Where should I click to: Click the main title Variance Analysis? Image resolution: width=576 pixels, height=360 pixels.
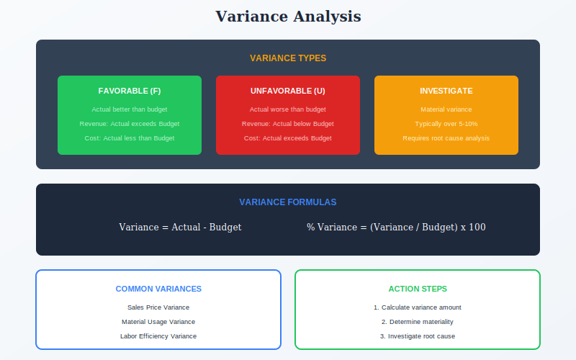coord(288,17)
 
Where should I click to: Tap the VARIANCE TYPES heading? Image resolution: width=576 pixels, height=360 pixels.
coord(288,58)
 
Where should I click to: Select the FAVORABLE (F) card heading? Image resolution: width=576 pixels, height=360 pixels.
coord(130,91)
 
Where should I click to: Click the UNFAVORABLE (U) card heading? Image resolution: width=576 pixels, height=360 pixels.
coord(287,91)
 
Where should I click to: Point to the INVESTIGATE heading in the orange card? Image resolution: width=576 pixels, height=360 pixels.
coord(446,91)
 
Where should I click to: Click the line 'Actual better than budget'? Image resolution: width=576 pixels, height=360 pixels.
coord(130,109)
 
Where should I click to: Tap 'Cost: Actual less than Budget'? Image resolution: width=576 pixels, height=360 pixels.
coord(130,138)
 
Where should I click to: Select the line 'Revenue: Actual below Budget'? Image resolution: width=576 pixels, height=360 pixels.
coord(287,124)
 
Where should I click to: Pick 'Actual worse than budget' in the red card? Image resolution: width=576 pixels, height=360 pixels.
coord(287,109)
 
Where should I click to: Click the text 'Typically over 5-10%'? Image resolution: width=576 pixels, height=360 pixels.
coord(446,124)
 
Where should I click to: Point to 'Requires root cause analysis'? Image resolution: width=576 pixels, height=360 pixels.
coord(446,138)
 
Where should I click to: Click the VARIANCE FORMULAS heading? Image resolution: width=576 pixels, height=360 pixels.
coord(287,202)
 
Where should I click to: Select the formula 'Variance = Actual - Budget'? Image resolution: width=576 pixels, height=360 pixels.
coord(180,227)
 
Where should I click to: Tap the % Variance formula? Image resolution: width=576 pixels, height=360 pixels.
coord(396,227)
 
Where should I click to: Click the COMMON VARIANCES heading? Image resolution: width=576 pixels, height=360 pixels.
coord(158,289)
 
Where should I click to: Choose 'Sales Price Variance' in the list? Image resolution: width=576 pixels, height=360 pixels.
coord(158,307)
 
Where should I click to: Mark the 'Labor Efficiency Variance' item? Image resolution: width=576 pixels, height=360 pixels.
coord(158,336)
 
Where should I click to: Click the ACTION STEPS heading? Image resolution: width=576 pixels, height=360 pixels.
coord(418,289)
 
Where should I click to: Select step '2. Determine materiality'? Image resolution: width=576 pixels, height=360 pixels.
coord(418,322)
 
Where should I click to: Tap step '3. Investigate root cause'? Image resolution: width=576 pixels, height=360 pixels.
coord(418,336)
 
